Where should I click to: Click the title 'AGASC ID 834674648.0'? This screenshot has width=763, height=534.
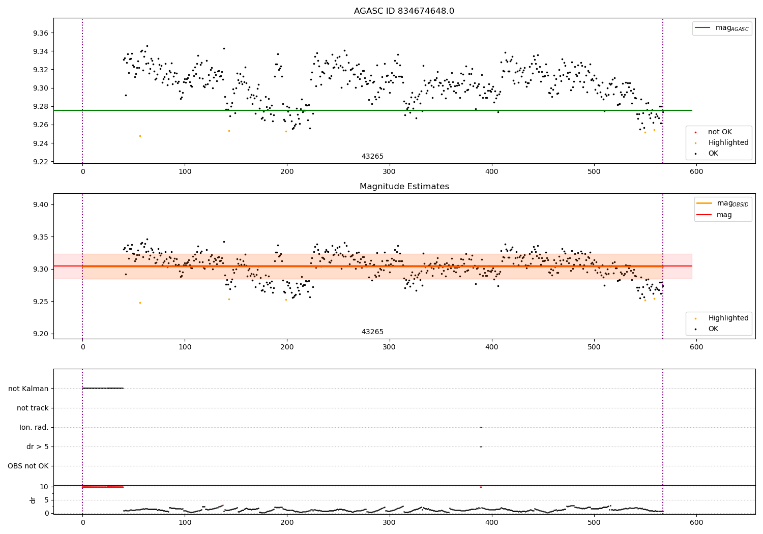click(x=404, y=11)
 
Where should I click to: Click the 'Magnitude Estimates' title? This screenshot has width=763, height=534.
click(x=404, y=187)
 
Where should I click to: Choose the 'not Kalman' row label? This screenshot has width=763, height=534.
click(x=28, y=389)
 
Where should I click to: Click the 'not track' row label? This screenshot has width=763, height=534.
click(x=33, y=408)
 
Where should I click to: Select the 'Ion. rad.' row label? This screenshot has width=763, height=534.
click(x=34, y=427)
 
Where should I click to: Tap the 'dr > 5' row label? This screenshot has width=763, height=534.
click(x=38, y=447)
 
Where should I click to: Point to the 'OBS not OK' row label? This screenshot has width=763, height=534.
click(x=28, y=466)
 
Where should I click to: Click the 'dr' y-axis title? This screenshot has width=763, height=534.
click(x=33, y=500)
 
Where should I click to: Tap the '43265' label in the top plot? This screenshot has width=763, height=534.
click(x=372, y=157)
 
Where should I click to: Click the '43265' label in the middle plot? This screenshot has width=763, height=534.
click(x=372, y=332)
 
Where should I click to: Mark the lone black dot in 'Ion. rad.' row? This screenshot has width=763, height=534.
click(x=481, y=427)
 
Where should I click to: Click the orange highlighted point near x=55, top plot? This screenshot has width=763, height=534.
click(x=140, y=136)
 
